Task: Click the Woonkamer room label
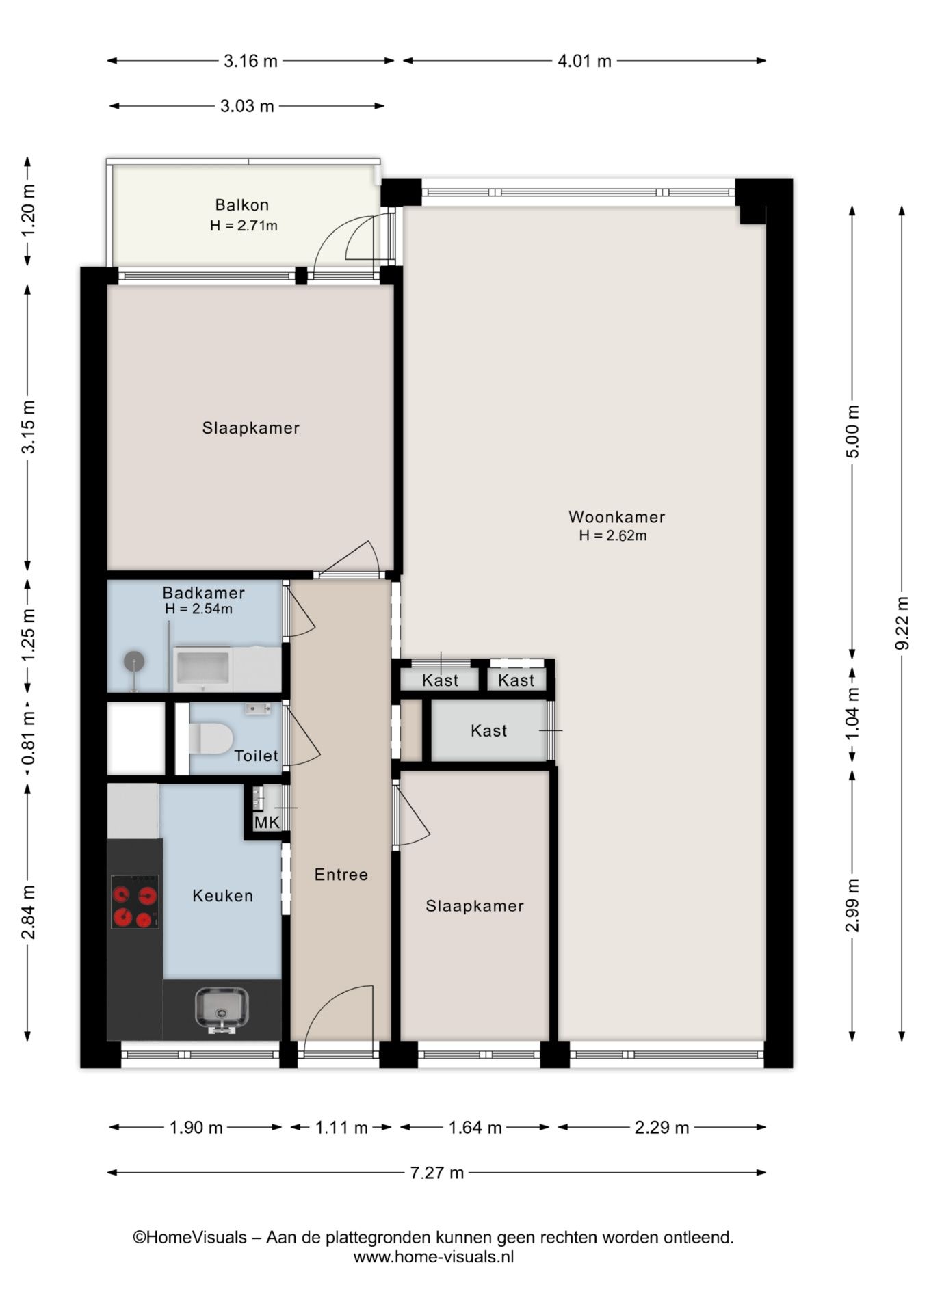tap(616, 517)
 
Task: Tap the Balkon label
tap(242, 204)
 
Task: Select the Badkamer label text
tap(203, 593)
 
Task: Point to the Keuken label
tap(223, 895)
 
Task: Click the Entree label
tap(341, 874)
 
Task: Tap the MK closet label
tap(267, 823)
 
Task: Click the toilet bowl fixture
tap(211, 739)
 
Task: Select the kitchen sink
tap(222, 1009)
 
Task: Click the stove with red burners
tap(135, 902)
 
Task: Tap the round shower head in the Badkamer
tap(134, 662)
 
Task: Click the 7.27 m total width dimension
tap(436, 1173)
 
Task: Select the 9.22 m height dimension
tap(902, 623)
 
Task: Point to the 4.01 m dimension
tap(584, 61)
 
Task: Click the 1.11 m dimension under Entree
tap(341, 1127)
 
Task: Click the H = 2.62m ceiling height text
tap(613, 535)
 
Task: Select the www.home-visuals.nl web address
tap(434, 1256)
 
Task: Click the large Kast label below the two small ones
tap(489, 730)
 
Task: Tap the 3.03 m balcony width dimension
tap(247, 106)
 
